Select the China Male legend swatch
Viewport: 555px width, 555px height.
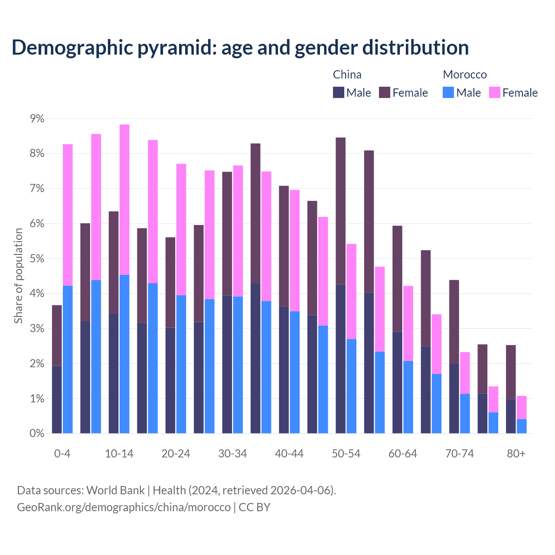tap(338, 92)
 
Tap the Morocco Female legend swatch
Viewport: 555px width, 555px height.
tap(494, 92)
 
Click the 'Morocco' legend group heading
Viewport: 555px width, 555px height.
tap(465, 75)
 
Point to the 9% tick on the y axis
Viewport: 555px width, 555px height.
tap(36, 118)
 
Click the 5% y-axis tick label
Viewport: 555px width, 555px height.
tap(36, 258)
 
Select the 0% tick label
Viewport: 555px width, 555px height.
tap(36, 433)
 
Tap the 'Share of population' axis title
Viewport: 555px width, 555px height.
tap(18, 276)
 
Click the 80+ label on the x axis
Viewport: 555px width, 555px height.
tap(516, 454)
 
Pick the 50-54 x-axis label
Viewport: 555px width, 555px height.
tap(346, 454)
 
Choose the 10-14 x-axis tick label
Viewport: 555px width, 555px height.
tap(119, 454)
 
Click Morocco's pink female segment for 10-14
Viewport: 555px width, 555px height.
tap(124, 199)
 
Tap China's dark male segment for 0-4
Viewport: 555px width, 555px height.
tap(57, 399)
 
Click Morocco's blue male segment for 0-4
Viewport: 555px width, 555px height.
tap(68, 359)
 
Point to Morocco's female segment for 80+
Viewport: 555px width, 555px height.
tap(522, 407)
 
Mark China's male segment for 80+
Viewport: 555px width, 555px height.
tap(511, 416)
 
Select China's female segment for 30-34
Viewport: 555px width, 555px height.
tap(227, 234)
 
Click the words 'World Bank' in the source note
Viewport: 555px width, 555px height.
tap(115, 490)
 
